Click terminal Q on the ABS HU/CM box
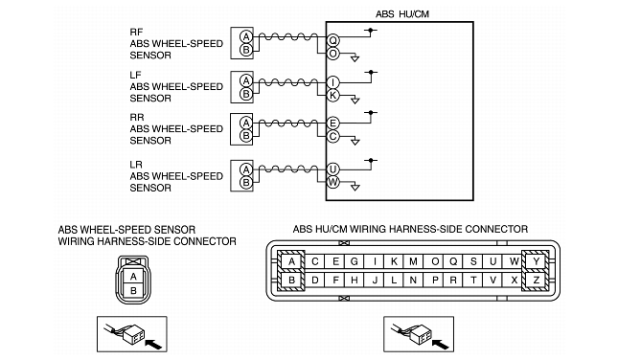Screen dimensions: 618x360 [x=333, y=40]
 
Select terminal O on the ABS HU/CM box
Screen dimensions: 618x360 [x=333, y=54]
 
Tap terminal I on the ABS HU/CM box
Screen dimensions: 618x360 [x=333, y=82]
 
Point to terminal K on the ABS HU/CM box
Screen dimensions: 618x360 [x=333, y=96]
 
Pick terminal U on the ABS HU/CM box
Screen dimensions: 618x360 [x=333, y=169]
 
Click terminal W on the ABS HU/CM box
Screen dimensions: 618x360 [x=333, y=182]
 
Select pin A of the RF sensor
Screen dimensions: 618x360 [x=246, y=37]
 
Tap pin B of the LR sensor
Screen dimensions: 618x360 [x=246, y=182]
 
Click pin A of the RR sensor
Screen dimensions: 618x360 [x=246, y=123]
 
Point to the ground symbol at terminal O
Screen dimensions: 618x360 [x=355, y=58]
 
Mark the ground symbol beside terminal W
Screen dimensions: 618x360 [x=355, y=188]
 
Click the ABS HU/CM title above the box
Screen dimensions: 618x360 [x=402, y=14]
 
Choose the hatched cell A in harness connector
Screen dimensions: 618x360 [x=291, y=261]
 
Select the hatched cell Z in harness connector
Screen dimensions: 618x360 [x=536, y=281]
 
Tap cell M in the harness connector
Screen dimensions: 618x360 [x=413, y=261]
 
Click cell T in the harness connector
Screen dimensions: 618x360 [x=473, y=281]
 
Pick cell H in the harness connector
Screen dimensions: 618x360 [x=355, y=281]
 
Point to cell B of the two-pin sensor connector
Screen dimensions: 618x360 [x=133, y=291]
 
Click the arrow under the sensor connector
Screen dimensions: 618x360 [x=153, y=345]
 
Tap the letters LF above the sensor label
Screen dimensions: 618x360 [x=136, y=75]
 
